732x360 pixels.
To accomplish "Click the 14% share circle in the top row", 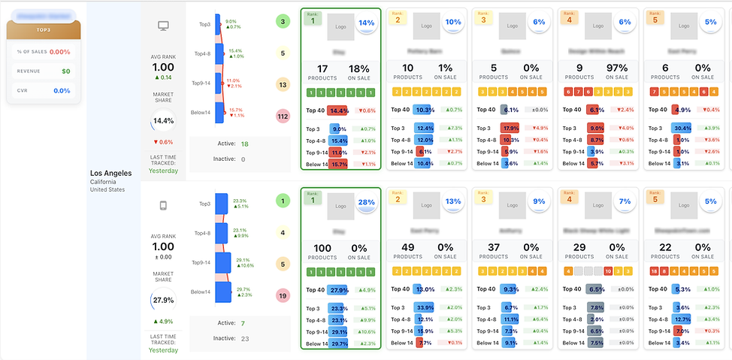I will (x=366, y=23).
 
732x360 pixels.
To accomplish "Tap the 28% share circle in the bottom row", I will (x=366, y=202).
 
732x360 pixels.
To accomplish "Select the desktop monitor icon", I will (x=162, y=26).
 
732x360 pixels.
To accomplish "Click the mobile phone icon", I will (x=162, y=205).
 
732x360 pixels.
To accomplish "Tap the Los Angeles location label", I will (x=110, y=173).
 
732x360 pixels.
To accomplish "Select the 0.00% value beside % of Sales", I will (x=59, y=53).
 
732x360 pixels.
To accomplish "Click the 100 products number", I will (x=322, y=248).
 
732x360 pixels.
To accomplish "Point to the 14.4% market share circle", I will (x=163, y=120).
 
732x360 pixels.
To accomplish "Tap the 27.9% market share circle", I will (x=163, y=301).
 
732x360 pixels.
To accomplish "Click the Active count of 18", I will (x=244, y=144).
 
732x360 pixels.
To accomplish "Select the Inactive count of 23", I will (x=244, y=338).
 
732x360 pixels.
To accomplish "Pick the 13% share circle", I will (x=453, y=202).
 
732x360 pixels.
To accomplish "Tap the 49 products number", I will (x=408, y=248).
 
